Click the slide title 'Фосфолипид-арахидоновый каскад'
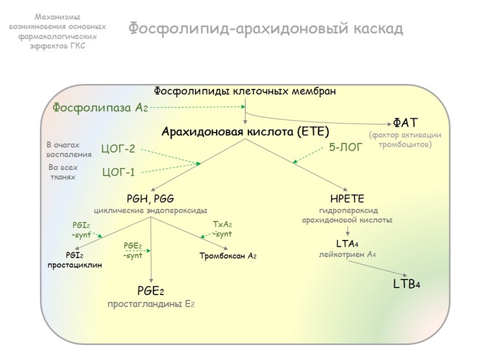(265, 28)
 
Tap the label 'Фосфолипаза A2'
(100, 108)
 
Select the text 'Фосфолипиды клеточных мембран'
(245, 91)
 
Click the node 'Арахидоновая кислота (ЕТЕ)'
(245, 131)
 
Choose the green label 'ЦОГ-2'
(118, 149)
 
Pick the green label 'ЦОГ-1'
(118, 173)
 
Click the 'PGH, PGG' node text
(151, 199)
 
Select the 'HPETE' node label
(347, 199)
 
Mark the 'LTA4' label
(347, 243)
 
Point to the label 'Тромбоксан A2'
(228, 256)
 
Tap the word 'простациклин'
(75, 265)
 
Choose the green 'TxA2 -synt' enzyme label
(222, 229)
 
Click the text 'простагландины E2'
(151, 304)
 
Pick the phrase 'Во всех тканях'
(63, 172)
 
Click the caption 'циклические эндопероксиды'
(151, 210)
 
